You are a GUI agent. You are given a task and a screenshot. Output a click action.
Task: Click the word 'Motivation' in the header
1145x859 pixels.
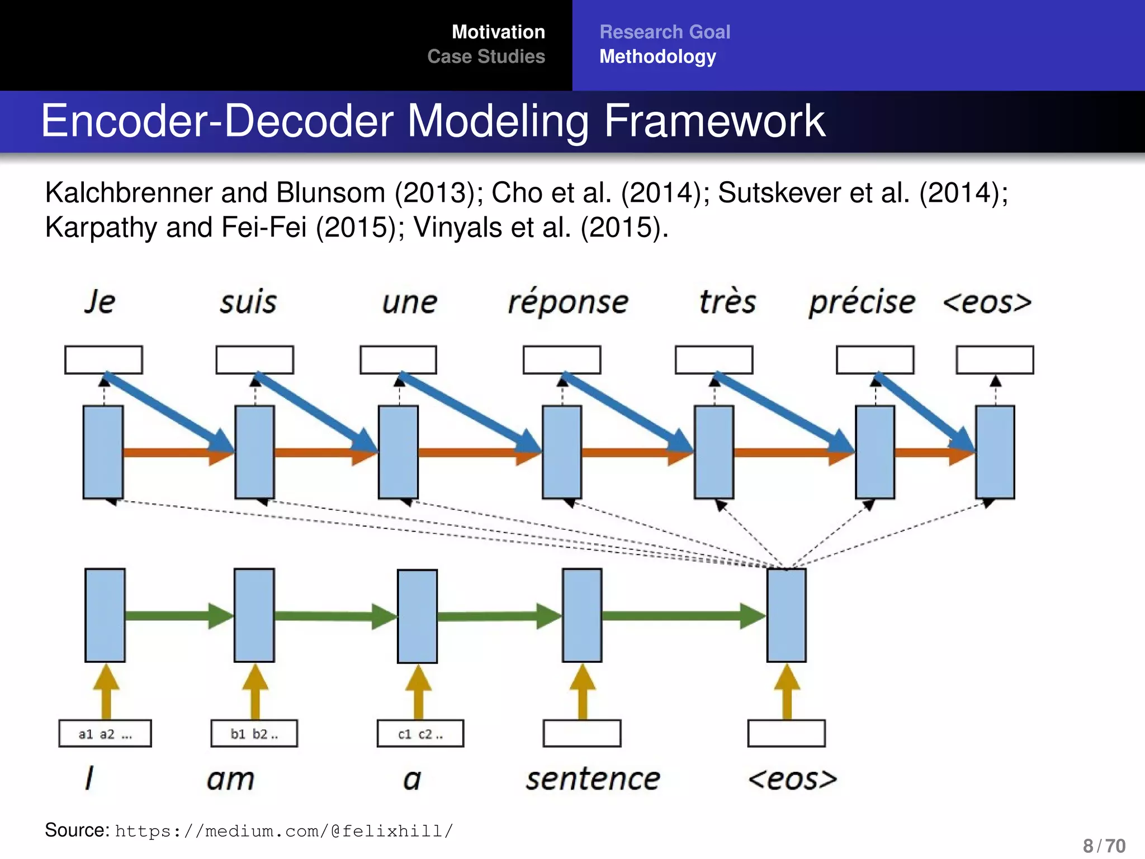click(x=498, y=32)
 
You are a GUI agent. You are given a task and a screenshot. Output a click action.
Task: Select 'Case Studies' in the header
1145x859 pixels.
click(x=486, y=56)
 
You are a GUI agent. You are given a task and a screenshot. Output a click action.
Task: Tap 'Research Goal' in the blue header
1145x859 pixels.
click(x=665, y=32)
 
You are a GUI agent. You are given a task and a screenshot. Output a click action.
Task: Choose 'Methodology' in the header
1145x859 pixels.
click(x=657, y=56)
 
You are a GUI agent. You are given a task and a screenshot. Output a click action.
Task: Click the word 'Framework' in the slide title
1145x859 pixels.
click(x=714, y=121)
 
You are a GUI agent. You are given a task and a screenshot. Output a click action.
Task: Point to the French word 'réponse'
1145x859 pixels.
click(x=567, y=303)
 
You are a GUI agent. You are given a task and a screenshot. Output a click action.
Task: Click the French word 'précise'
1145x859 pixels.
click(x=862, y=303)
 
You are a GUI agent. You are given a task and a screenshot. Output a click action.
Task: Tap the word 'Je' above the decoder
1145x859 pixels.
click(x=100, y=302)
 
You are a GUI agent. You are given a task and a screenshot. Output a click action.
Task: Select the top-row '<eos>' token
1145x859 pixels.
click(x=987, y=303)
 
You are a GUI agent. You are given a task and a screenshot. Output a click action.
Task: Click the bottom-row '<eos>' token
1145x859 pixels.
click(x=792, y=779)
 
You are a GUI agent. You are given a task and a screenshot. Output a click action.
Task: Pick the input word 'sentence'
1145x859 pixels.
click(x=593, y=779)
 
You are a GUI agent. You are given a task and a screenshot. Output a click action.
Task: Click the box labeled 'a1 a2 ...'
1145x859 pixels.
click(x=105, y=734)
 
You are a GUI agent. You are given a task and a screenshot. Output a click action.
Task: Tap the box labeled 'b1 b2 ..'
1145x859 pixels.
click(x=254, y=734)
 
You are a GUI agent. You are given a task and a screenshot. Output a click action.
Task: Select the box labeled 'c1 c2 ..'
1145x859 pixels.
click(x=420, y=734)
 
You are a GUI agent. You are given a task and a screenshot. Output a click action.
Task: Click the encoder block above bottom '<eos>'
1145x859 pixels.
click(x=786, y=615)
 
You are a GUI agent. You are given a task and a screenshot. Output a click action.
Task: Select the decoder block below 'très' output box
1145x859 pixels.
click(x=714, y=452)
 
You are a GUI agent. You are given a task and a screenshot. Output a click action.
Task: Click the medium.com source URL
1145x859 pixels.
click(x=284, y=831)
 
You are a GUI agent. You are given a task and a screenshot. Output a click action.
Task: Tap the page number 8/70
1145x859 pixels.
click(x=1104, y=846)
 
